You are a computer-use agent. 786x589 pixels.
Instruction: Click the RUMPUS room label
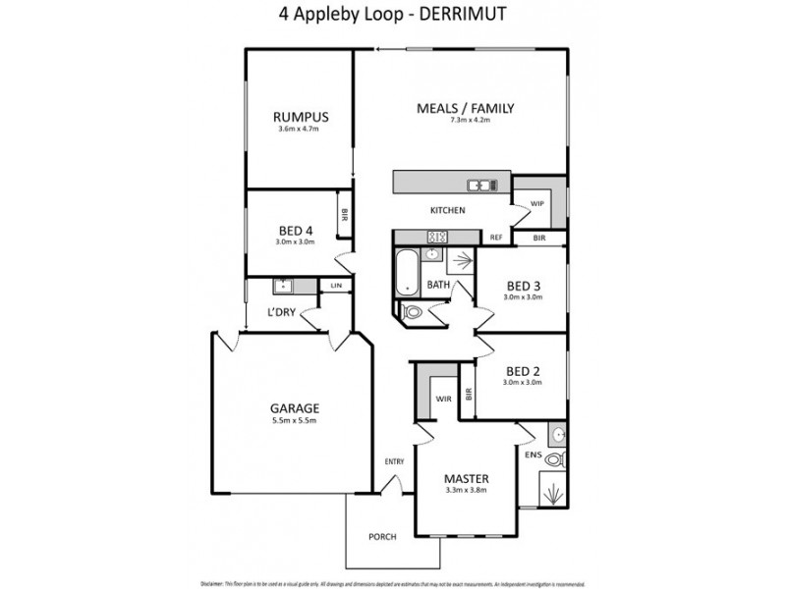[301, 118]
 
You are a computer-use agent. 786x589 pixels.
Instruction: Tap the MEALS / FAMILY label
[466, 108]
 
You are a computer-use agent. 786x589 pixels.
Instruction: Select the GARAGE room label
[295, 407]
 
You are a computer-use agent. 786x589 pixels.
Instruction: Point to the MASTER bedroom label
[466, 478]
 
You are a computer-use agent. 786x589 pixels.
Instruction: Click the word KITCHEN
[447, 210]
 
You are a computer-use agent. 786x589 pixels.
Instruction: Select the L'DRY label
[283, 314]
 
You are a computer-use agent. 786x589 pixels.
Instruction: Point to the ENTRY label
[394, 461]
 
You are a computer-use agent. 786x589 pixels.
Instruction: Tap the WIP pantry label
[537, 203]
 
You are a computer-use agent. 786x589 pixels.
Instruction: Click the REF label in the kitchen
[496, 238]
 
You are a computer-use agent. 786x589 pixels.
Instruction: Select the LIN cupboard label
[335, 286]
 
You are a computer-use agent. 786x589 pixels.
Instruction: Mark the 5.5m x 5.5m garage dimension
[295, 420]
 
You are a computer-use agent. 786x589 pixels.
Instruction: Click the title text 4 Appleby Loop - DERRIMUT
[393, 17]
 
